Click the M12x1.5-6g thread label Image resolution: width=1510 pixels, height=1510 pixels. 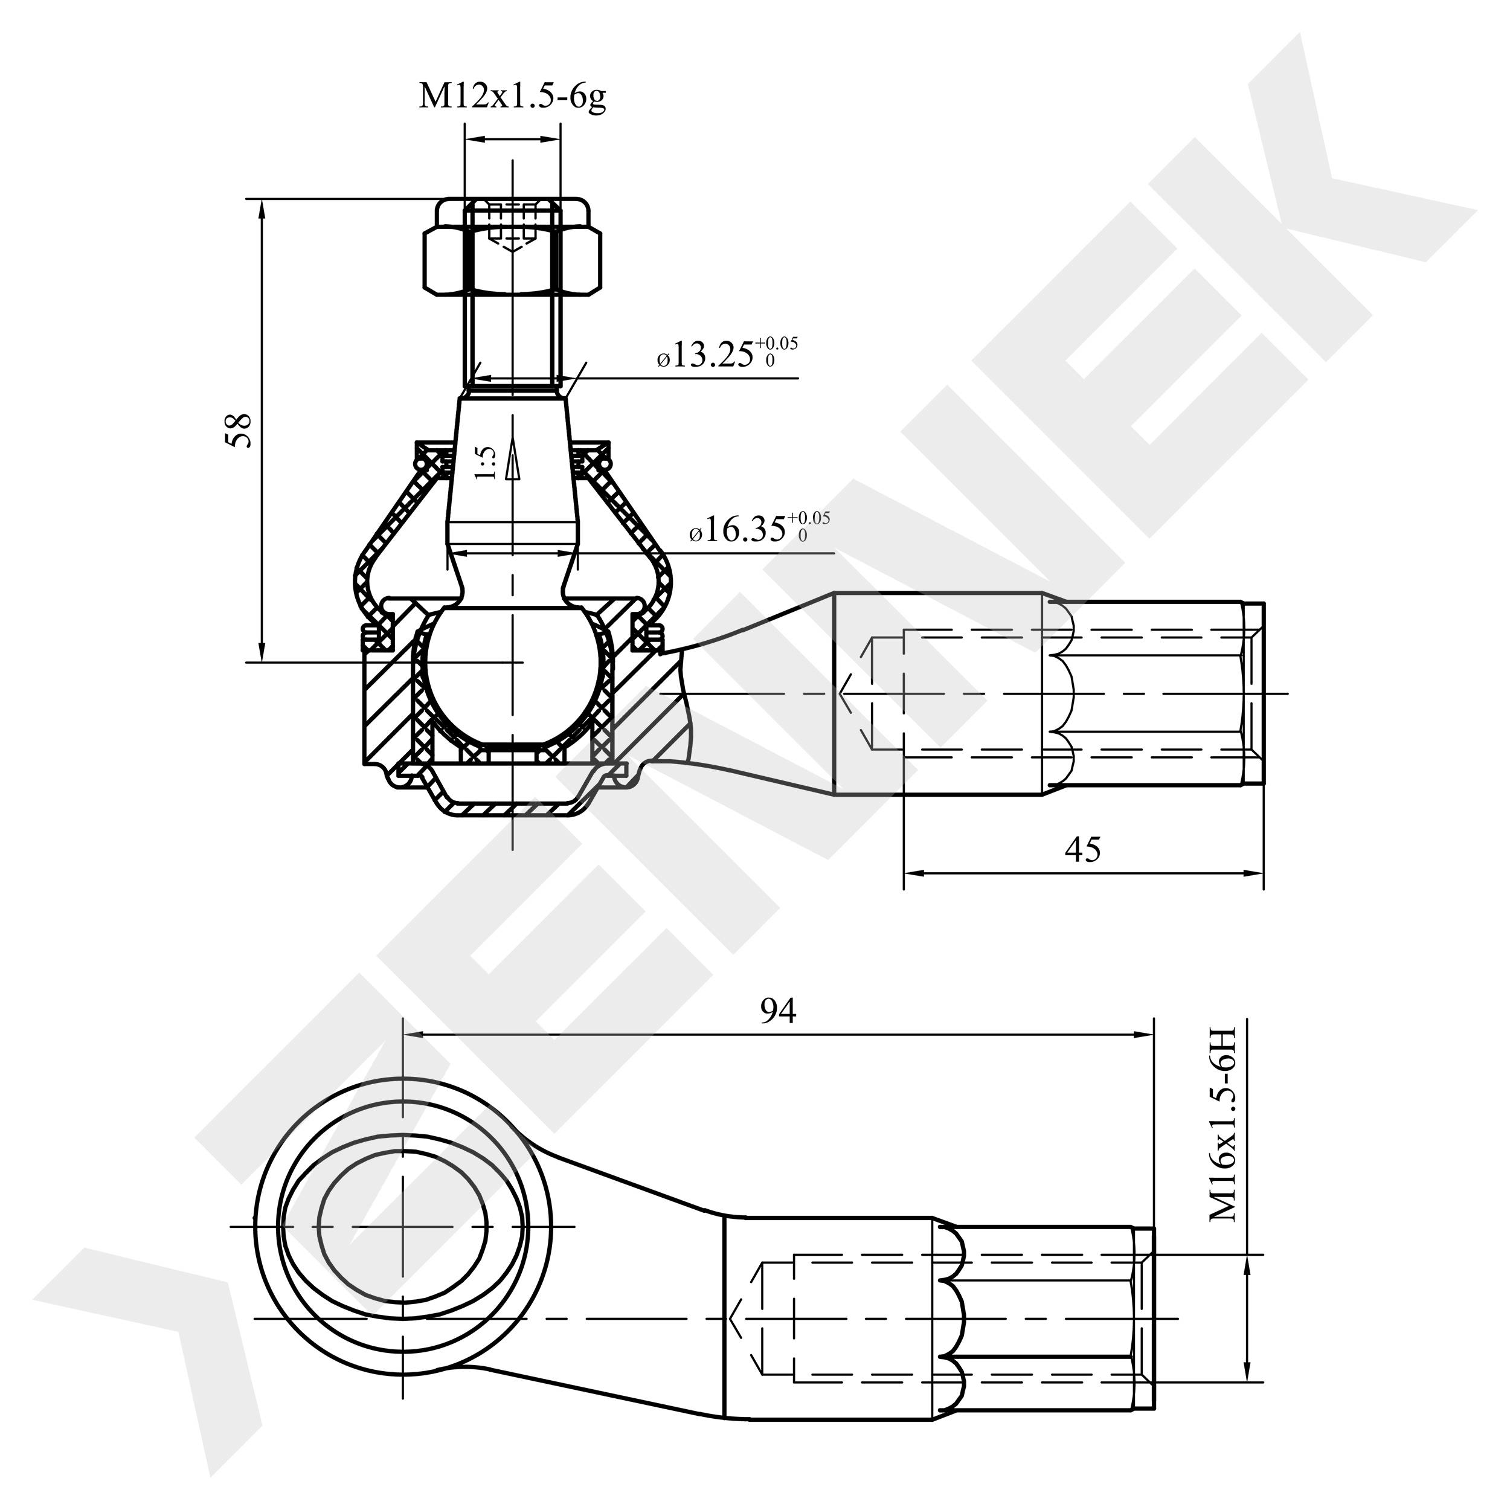tap(513, 97)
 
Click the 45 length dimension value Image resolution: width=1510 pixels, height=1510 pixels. tap(1083, 849)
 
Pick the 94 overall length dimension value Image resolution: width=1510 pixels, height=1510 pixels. tap(779, 1010)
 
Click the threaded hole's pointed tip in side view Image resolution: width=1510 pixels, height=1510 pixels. tap(838, 692)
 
